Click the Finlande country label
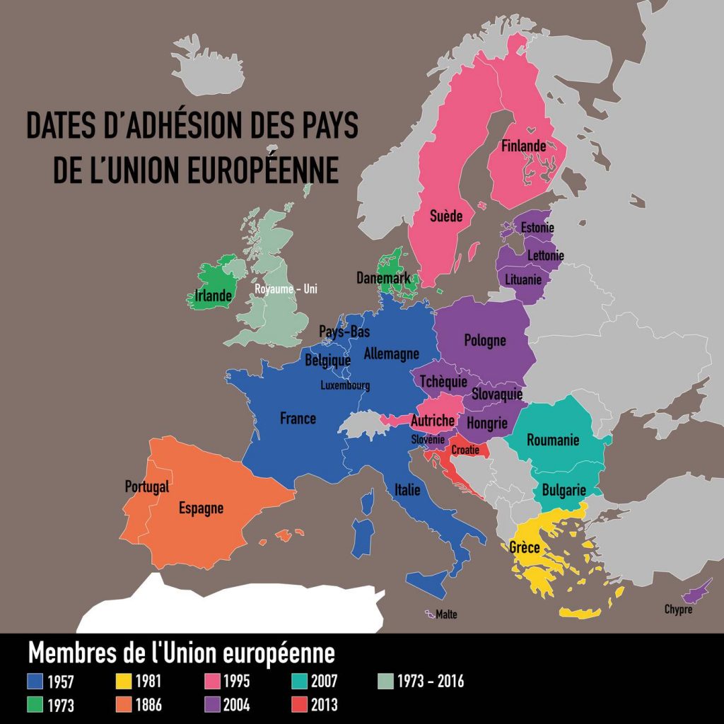point(523,146)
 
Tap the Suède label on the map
point(446,215)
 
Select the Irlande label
point(213,296)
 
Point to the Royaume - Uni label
point(286,289)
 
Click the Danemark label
point(383,279)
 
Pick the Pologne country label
point(485,340)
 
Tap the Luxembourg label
point(345,386)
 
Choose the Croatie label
point(465,450)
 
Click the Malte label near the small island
point(446,614)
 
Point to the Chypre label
point(678,609)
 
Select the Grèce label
point(525,547)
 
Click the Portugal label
point(147,486)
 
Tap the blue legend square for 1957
point(36,682)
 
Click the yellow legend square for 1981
point(122,682)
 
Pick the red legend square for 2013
point(299,705)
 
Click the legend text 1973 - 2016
point(430,682)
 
